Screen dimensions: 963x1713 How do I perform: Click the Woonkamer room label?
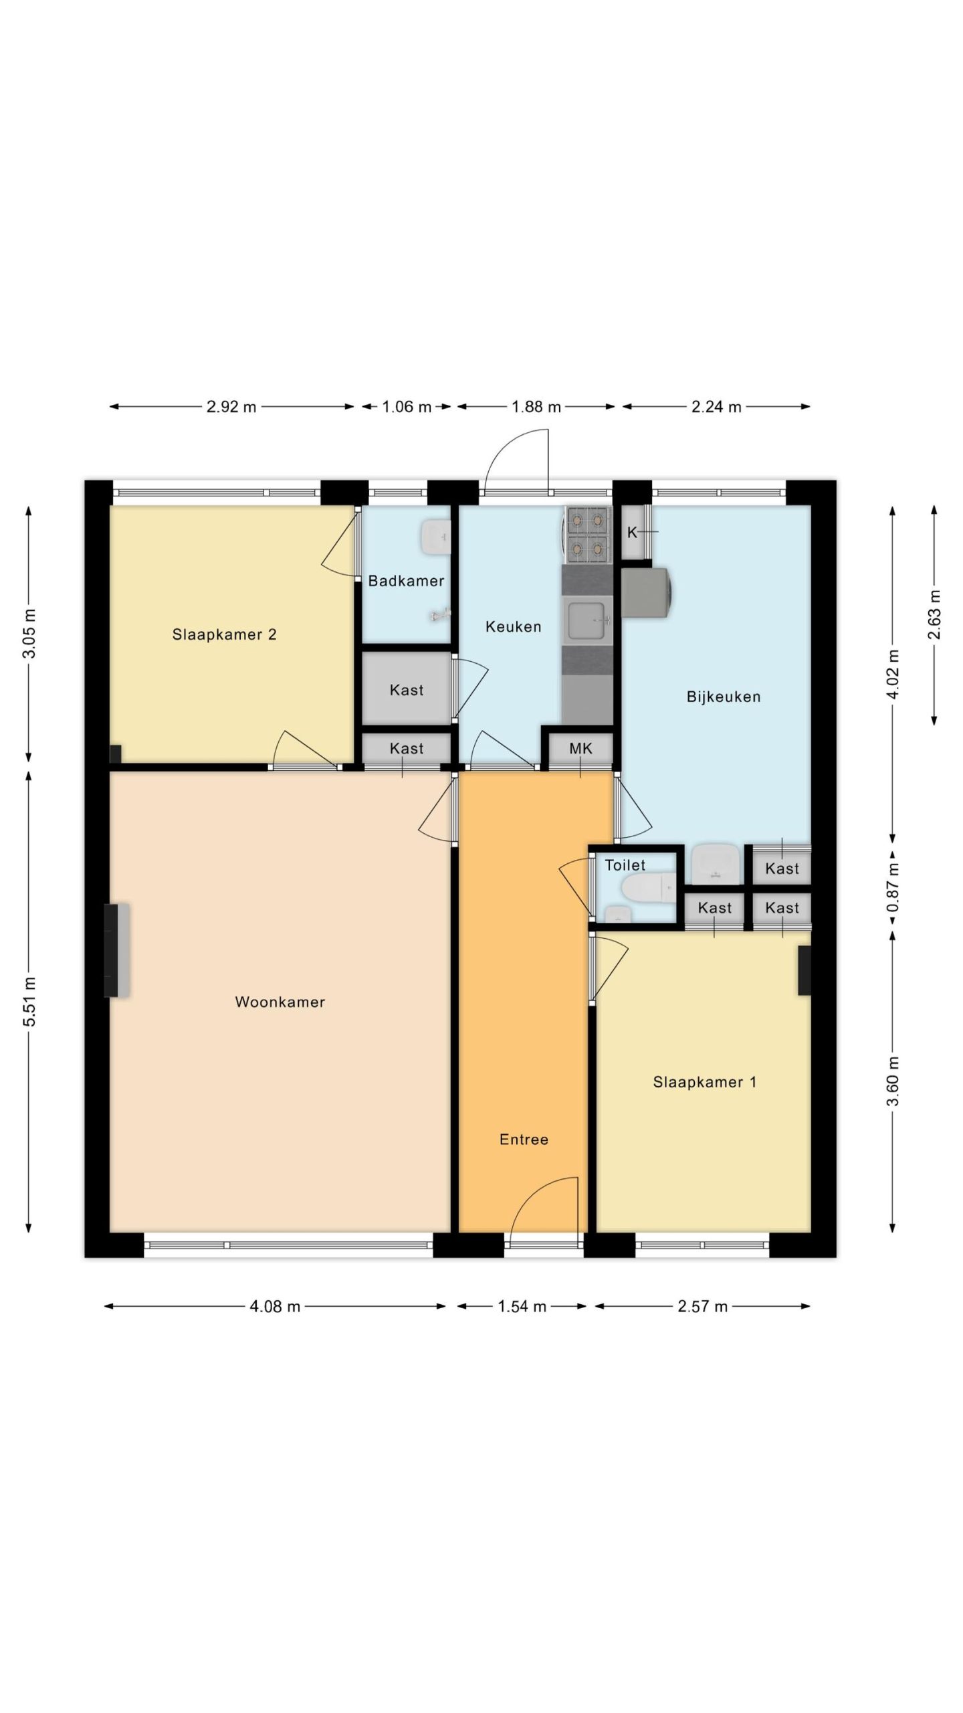(x=280, y=1002)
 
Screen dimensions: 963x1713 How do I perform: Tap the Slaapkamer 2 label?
(x=224, y=634)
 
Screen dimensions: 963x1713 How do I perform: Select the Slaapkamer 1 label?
(x=705, y=1082)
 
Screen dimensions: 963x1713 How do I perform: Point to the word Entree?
(x=524, y=1140)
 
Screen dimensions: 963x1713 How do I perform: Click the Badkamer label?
(x=406, y=581)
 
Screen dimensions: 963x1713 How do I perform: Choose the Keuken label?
(x=513, y=627)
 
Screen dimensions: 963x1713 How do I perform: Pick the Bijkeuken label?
(x=724, y=697)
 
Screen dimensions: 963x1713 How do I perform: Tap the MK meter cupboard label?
(x=580, y=749)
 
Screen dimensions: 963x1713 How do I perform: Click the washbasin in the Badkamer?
(x=435, y=537)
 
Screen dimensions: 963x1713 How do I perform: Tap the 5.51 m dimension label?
(x=29, y=1001)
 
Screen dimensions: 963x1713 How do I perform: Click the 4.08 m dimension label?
(x=275, y=1306)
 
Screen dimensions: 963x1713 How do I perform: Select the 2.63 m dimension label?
(x=934, y=614)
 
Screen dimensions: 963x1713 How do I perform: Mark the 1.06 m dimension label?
(x=407, y=407)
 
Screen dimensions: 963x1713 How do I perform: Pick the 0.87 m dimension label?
(x=893, y=887)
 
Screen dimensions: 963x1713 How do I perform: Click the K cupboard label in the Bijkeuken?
(x=632, y=533)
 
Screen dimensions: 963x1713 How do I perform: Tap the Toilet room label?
(x=625, y=865)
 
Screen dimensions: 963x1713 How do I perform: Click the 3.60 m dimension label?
(x=893, y=1082)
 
